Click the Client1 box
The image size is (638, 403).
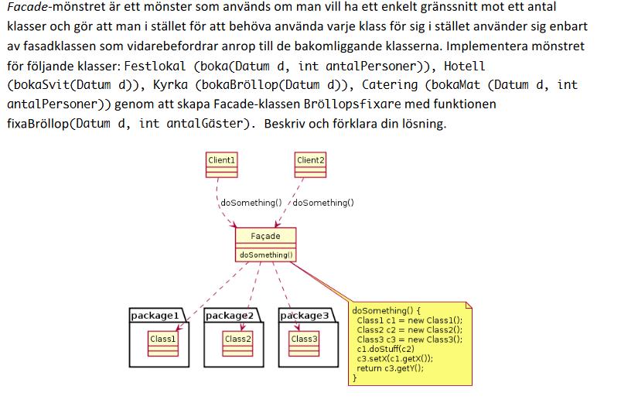[x=221, y=160]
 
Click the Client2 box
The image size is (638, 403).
[x=311, y=160]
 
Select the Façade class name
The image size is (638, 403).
[x=266, y=236]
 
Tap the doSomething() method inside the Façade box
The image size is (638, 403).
[x=266, y=254]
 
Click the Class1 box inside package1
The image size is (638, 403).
[x=163, y=339]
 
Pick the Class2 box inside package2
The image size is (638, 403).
[x=237, y=339]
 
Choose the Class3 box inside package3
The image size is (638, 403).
[x=304, y=339]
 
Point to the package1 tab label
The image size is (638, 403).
[x=155, y=316]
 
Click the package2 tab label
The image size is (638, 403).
[x=229, y=316]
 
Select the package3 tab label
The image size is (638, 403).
[x=304, y=316]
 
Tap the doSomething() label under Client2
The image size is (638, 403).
[x=323, y=203]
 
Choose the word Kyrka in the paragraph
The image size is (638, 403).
[x=176, y=85]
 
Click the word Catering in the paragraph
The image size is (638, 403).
[x=391, y=85]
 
